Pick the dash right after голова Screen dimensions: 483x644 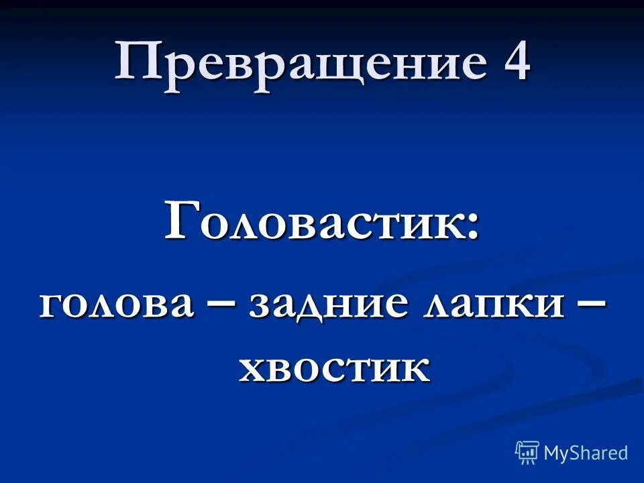221,306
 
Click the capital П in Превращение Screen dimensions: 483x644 138,62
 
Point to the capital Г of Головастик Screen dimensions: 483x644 182,221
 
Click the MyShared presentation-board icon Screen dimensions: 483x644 527,452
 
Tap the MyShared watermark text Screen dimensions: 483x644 586,453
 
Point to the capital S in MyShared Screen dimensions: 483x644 580,453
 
